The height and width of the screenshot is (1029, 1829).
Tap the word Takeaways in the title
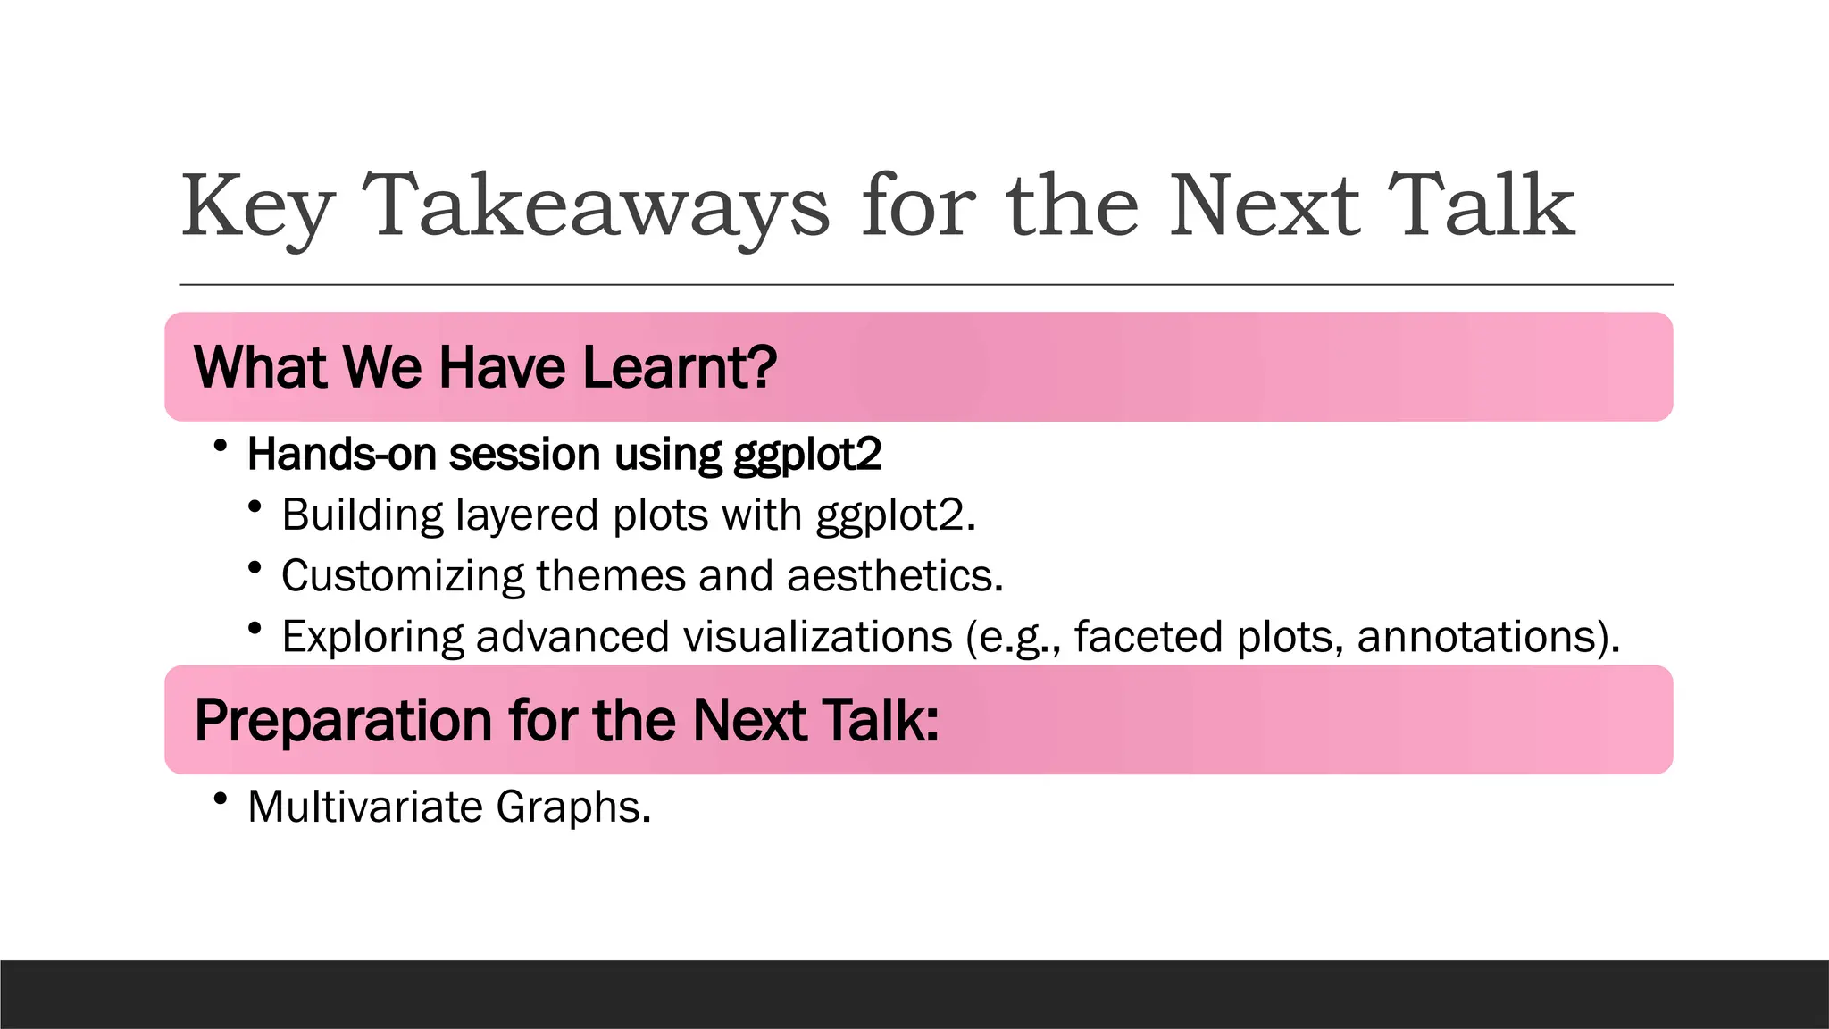pyautogui.click(x=596, y=207)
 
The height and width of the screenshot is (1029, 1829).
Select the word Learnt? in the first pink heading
pyautogui.click(x=680, y=367)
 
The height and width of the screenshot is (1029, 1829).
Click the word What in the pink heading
pyautogui.click(x=260, y=367)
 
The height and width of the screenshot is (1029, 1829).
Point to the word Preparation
pyautogui.click(x=343, y=720)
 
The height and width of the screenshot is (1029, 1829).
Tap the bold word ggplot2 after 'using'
pyautogui.click(x=806, y=456)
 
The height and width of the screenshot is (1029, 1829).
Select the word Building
pyautogui.click(x=362, y=515)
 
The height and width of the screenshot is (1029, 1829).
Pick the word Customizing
pyautogui.click(x=402, y=576)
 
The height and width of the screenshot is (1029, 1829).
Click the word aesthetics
pyautogui.click(x=895, y=576)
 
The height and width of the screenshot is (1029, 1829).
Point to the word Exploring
pyautogui.click(x=372, y=638)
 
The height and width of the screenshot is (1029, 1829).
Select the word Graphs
pyautogui.click(x=573, y=807)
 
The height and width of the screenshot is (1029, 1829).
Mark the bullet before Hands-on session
pyautogui.click(x=221, y=445)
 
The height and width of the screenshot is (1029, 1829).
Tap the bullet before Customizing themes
pyautogui.click(x=255, y=567)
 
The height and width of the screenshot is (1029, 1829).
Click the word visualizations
pyautogui.click(x=817, y=637)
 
